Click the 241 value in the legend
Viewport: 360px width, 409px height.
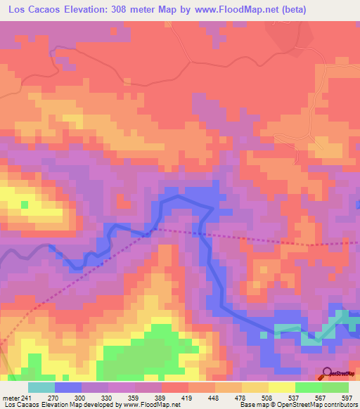(x=27, y=397)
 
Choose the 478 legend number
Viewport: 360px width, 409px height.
(x=240, y=397)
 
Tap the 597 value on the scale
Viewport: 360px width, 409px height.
(x=345, y=397)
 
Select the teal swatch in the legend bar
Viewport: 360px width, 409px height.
(x=41, y=387)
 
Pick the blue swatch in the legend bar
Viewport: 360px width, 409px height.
(x=67, y=387)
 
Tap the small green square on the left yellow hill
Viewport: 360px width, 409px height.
(x=25, y=204)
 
